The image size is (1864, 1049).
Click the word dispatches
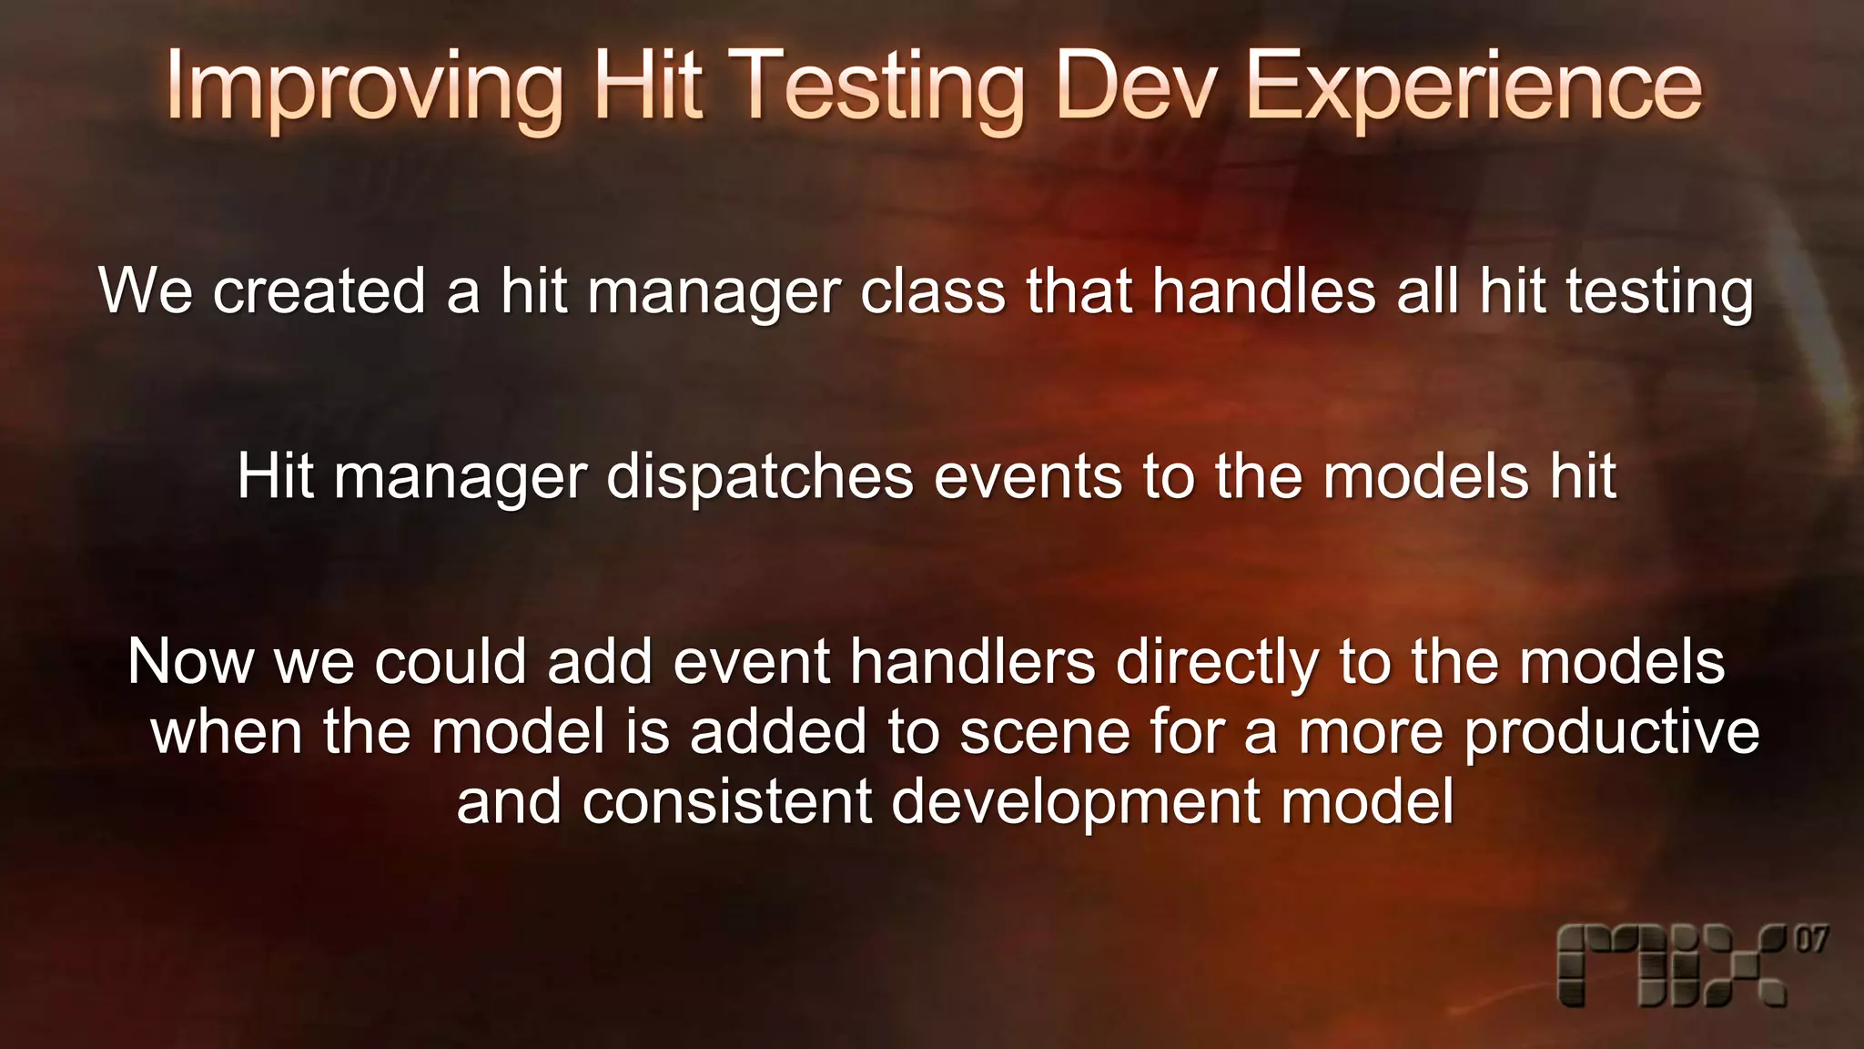click(x=759, y=477)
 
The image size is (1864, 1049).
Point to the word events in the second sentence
click(x=1028, y=477)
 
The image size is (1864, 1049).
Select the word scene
click(x=1044, y=732)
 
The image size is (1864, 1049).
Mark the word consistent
click(x=727, y=802)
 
